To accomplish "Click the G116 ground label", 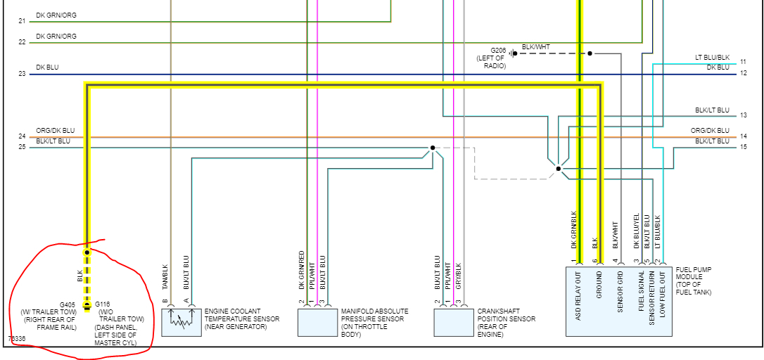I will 103,304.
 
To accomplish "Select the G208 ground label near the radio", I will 498,51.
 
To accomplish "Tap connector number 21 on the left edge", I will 22,21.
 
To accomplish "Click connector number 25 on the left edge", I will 22,147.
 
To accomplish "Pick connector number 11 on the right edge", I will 744,62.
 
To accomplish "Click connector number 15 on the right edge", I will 744,147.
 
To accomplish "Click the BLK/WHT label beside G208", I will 536,47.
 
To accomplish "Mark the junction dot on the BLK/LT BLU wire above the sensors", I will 433,148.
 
